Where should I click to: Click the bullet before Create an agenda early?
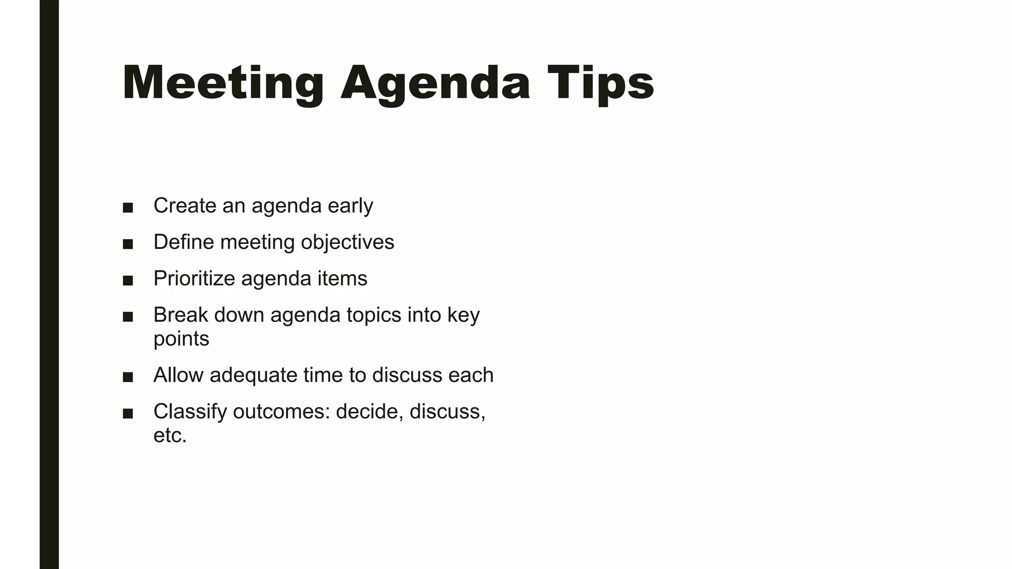point(128,207)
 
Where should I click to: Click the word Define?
point(183,242)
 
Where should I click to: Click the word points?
point(181,339)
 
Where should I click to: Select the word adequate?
point(253,375)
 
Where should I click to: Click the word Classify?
point(190,412)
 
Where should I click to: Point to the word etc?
point(170,436)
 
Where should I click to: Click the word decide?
point(369,412)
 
